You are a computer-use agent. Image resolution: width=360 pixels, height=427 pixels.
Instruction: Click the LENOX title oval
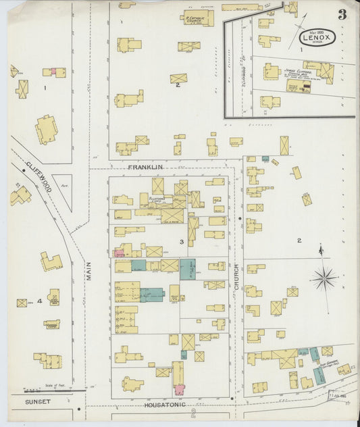317,36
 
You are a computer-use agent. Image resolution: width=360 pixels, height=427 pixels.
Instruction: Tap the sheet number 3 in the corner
342,14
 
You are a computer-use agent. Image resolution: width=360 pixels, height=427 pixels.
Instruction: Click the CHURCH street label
237,277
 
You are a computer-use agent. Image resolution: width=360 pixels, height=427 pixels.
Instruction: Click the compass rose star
324,277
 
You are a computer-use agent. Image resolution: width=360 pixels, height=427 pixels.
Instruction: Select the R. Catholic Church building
197,18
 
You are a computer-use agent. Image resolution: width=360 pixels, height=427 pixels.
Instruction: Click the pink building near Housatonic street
180,389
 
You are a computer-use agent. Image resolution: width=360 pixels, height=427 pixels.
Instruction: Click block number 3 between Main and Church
181,241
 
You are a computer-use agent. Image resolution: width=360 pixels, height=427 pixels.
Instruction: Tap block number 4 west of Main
39,300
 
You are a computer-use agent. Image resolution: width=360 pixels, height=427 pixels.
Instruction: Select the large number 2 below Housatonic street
193,413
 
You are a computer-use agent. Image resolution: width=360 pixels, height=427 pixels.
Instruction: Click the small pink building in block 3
120,253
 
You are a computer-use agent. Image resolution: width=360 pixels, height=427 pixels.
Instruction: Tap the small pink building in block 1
51,71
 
